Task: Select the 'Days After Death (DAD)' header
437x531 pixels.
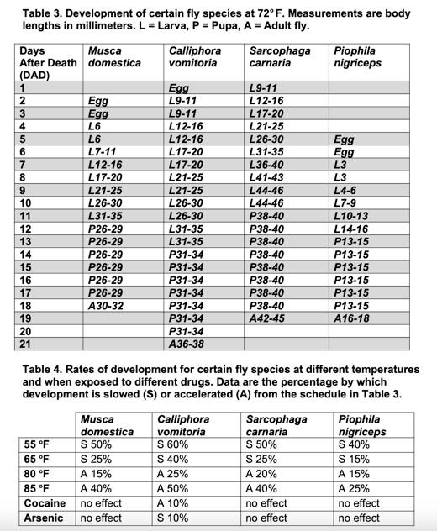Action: [x=45, y=63]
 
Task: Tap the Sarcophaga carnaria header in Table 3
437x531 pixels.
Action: [x=280, y=57]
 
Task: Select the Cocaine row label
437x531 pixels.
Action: [x=44, y=503]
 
